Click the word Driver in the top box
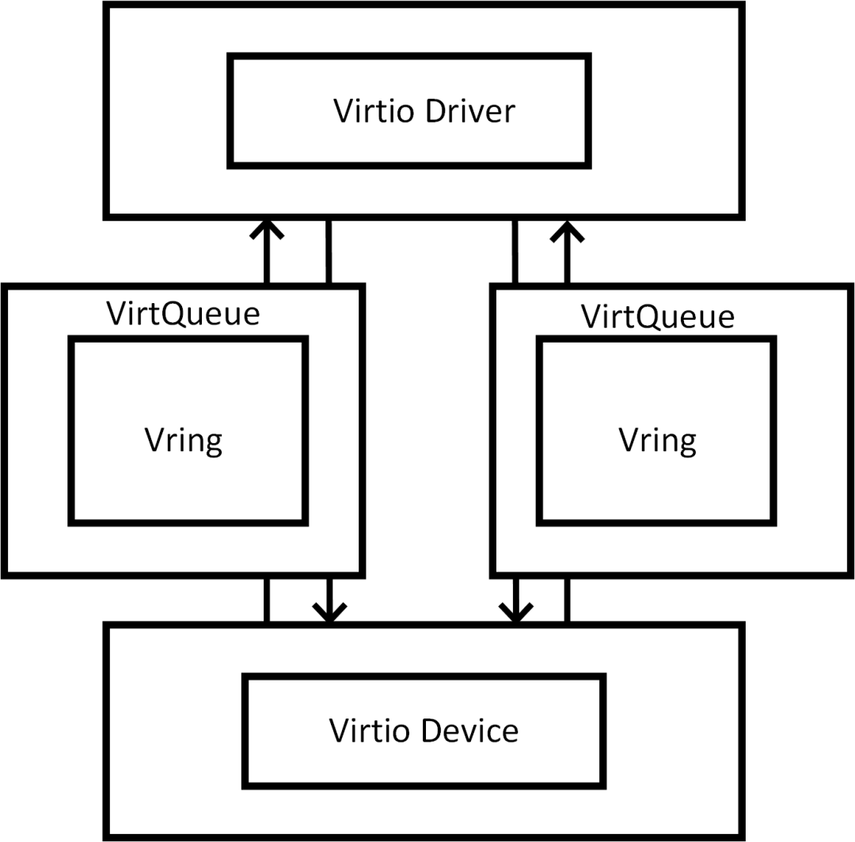[x=470, y=111]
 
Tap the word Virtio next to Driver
[x=374, y=111]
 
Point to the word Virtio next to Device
[x=370, y=730]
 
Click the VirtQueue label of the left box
[x=183, y=314]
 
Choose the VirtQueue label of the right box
[x=658, y=317]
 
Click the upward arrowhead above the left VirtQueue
[x=267, y=229]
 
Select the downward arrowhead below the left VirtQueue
[x=329, y=613]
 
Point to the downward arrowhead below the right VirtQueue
[x=516, y=613]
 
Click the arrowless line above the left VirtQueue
[x=329, y=252]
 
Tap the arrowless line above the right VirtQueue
[x=515, y=252]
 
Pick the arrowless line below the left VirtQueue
[x=267, y=601]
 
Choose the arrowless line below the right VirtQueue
[x=567, y=601]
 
